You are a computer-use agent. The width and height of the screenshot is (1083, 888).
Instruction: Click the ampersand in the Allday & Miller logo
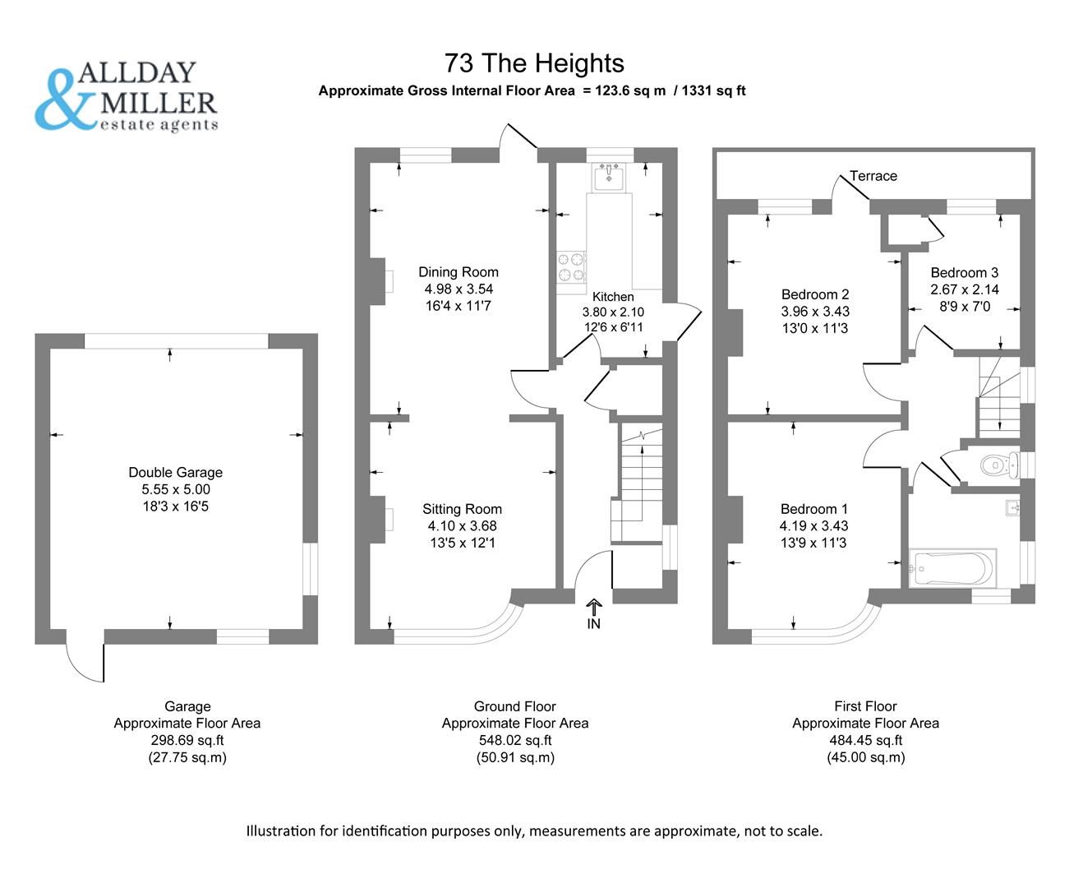click(x=64, y=100)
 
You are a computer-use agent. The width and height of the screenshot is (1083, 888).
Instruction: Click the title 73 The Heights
click(x=534, y=63)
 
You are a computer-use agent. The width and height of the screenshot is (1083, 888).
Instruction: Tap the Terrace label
click(x=873, y=176)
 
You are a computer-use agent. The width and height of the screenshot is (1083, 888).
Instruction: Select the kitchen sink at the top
click(x=610, y=176)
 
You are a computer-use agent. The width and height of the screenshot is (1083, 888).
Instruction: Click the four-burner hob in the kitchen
click(x=571, y=266)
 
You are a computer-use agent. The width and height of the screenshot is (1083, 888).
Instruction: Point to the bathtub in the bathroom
click(x=952, y=567)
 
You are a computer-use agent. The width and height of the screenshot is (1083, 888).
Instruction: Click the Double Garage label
click(x=175, y=473)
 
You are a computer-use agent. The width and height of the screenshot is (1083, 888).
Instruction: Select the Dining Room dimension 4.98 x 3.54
click(x=459, y=289)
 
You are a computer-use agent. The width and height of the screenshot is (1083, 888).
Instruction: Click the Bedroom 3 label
click(x=964, y=273)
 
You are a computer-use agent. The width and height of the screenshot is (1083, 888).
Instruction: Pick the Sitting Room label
click(x=462, y=509)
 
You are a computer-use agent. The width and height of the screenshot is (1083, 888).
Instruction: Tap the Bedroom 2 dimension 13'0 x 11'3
click(x=814, y=329)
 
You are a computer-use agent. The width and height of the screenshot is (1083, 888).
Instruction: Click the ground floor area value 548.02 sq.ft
click(x=514, y=740)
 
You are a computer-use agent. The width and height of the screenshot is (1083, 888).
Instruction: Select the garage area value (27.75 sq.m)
click(x=187, y=757)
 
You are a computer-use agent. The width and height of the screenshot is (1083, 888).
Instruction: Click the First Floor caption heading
click(x=865, y=706)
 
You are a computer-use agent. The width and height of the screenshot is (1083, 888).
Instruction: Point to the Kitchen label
click(x=613, y=297)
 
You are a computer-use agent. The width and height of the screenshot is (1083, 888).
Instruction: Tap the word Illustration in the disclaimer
click(x=283, y=830)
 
